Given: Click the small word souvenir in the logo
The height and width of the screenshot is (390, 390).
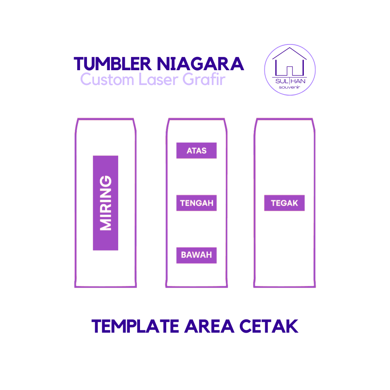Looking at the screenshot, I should tap(289, 87).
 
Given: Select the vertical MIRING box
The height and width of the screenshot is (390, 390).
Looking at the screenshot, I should tap(105, 203).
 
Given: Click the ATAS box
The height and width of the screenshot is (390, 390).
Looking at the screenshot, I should tap(196, 151).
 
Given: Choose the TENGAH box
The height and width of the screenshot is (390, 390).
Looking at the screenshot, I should tap(196, 203).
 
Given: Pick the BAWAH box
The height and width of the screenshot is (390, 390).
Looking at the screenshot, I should tap(196, 255).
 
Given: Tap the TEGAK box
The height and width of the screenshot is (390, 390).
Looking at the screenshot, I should tap(284, 203).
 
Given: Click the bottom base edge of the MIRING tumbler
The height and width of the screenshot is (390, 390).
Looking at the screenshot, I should tap(105, 287).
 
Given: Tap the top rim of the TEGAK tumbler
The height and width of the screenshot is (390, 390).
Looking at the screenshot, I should tap(284, 119).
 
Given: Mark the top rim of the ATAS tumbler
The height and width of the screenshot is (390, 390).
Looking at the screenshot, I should tap(196, 119).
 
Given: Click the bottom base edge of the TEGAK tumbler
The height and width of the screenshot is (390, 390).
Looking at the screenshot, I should tap(284, 287).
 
